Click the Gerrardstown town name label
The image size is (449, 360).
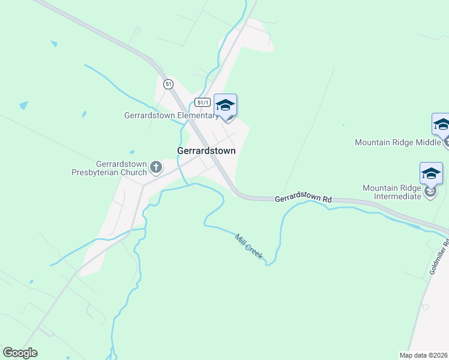pyautogui.click(x=206, y=151)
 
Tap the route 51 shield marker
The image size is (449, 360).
pyautogui.click(x=169, y=84)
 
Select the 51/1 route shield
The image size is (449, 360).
pyautogui.click(x=203, y=103)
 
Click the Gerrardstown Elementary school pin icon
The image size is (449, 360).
pyautogui.click(x=225, y=105)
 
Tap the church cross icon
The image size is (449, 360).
pyautogui.click(x=155, y=167)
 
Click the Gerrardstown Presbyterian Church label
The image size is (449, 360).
pyautogui.click(x=122, y=168)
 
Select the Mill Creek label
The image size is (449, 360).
pyautogui.click(x=248, y=246)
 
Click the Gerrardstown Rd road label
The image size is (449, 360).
pyautogui.click(x=303, y=199)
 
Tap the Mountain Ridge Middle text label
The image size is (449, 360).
pyautogui.click(x=398, y=143)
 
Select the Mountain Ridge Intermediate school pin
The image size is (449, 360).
pyautogui.click(x=431, y=173)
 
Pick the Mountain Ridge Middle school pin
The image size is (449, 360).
pyautogui.click(x=442, y=125)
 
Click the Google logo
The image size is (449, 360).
pyautogui.click(x=20, y=353)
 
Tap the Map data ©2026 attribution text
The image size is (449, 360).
pyautogui.click(x=424, y=355)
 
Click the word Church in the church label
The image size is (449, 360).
pyautogui.click(x=134, y=173)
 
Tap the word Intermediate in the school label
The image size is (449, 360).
pyautogui.click(x=397, y=196)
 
